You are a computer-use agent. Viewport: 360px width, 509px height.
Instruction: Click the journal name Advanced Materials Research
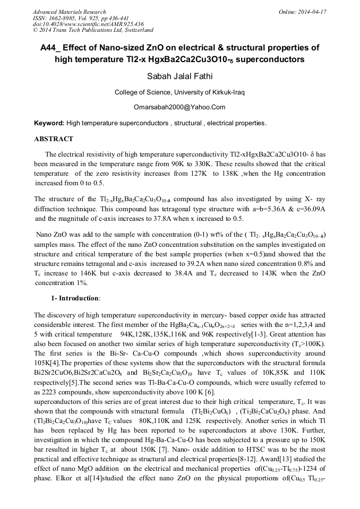click(x=70, y=12)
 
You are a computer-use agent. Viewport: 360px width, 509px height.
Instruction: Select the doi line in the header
click(x=88, y=24)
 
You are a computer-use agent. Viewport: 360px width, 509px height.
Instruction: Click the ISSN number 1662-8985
click(x=67, y=18)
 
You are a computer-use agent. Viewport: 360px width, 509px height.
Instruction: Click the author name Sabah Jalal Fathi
click(x=179, y=76)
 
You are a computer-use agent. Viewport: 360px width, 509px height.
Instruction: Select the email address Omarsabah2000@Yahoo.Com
click(x=179, y=107)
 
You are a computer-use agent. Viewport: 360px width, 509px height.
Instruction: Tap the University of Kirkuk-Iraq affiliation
click(x=206, y=92)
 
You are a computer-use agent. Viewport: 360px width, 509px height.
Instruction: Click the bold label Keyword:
click(x=49, y=123)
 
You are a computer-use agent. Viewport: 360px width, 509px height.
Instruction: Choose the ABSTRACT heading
click(x=54, y=139)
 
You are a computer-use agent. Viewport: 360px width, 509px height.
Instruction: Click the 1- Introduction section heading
click(x=75, y=298)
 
